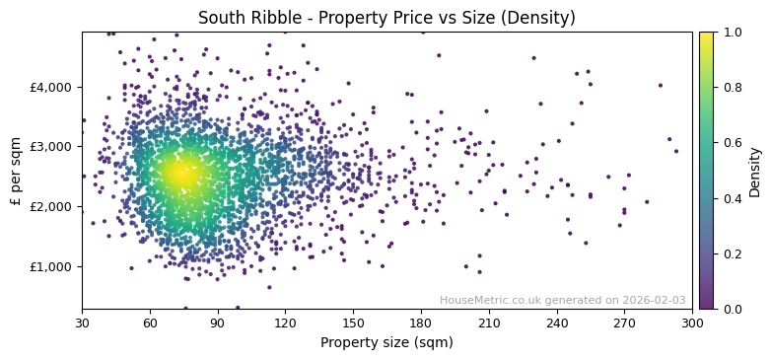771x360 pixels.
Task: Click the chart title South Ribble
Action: click(386, 18)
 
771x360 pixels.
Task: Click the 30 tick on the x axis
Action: click(82, 323)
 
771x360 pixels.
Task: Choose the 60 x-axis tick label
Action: click(150, 323)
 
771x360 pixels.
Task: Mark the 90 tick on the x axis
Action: click(218, 323)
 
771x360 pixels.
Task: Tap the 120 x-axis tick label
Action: click(286, 323)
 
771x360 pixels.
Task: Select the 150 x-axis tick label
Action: click(353, 323)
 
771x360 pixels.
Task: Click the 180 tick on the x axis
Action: click(421, 323)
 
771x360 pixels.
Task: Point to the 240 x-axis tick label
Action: click(557, 323)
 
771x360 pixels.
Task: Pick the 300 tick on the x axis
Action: click(692, 323)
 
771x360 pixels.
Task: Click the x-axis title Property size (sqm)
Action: click(386, 342)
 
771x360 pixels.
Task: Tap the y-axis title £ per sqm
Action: click(16, 171)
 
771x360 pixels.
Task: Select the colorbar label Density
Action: click(755, 172)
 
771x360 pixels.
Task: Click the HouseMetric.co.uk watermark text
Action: click(562, 300)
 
